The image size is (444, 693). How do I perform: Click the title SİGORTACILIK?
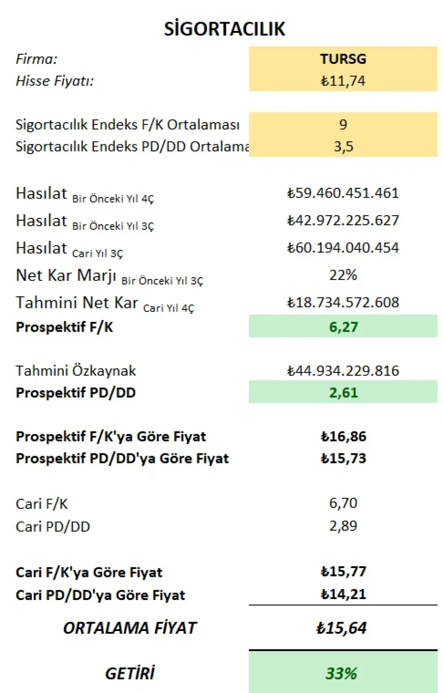click(224, 29)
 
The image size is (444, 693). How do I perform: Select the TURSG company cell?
click(343, 59)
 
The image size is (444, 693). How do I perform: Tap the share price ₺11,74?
click(343, 81)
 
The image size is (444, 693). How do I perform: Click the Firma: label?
click(37, 59)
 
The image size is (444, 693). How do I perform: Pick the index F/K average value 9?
click(343, 124)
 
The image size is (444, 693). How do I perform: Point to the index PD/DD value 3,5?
click(343, 146)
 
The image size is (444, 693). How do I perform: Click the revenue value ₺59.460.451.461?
click(343, 193)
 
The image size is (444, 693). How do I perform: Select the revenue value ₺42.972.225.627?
click(343, 220)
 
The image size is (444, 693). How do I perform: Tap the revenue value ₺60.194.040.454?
click(343, 247)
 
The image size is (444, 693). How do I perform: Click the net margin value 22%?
click(343, 275)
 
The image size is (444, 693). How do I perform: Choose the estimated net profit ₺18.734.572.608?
click(343, 302)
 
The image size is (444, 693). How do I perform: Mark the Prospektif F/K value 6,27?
click(343, 327)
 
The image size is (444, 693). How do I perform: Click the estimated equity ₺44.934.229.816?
click(343, 371)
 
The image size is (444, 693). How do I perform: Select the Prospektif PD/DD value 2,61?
click(343, 392)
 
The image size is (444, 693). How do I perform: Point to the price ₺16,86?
click(343, 436)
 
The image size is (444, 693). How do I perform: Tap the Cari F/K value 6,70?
click(343, 503)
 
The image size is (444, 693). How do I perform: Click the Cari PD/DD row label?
click(53, 526)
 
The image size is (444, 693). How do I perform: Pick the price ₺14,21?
click(343, 594)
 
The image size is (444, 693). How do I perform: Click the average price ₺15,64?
click(341, 628)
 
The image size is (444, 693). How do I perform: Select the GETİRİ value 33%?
click(341, 673)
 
